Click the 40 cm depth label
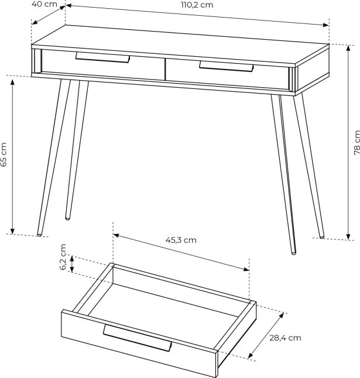(x=44, y=4)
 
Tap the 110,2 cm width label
(x=197, y=5)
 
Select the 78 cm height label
(x=356, y=142)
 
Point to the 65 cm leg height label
(x=4, y=154)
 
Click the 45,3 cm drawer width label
(x=181, y=240)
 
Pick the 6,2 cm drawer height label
(x=63, y=257)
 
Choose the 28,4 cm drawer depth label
(x=285, y=338)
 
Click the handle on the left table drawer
(x=102, y=57)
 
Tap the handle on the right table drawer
(x=226, y=66)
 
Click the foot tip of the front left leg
(x=39, y=234)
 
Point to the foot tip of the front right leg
(x=293, y=253)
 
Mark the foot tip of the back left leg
(x=68, y=218)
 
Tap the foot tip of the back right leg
(x=322, y=236)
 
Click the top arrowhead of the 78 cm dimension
(x=348, y=48)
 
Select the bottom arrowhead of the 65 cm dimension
(x=12, y=231)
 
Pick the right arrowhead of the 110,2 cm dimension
(x=326, y=25)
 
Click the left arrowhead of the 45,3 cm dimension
(x=116, y=235)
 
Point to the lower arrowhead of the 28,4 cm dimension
(x=251, y=355)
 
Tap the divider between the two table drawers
(x=165, y=70)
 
